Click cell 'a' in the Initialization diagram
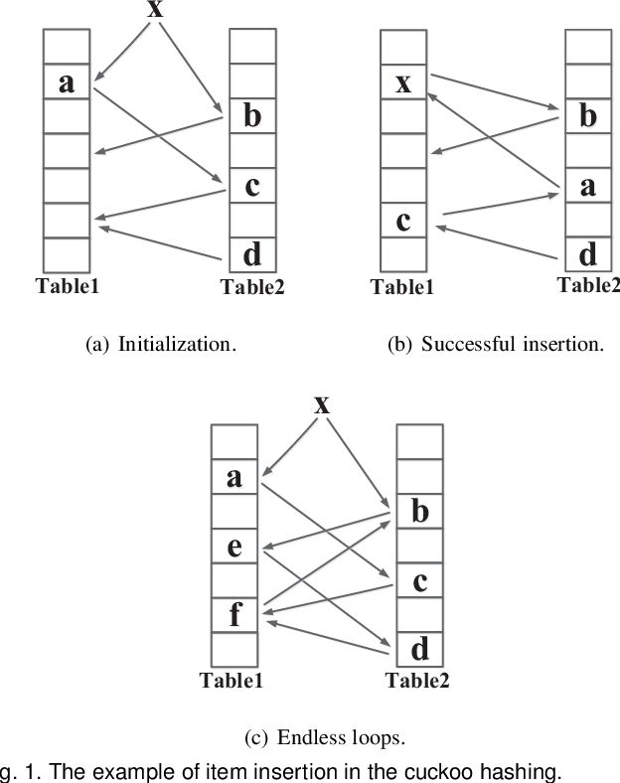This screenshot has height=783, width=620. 67,81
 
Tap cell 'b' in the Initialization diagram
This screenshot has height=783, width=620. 252,116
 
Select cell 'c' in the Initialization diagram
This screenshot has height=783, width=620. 252,186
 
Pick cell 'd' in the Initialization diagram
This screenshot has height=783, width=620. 252,254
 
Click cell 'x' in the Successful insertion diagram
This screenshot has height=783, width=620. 403,81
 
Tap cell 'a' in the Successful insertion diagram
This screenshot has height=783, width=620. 588,186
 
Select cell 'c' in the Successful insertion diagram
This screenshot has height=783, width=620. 403,220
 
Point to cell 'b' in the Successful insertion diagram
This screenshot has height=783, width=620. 588,116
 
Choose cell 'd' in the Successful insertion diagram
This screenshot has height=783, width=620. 588,254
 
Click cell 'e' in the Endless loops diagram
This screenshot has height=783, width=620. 234,546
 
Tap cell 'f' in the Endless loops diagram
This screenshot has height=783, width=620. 234,614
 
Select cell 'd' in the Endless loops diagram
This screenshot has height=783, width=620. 420,649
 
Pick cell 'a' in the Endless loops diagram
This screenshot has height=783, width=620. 234,477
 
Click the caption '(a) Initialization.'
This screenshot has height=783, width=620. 162,345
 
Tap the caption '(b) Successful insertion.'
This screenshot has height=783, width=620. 495,345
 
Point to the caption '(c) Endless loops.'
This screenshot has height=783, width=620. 324,738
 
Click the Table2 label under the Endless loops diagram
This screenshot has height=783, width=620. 417,681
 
